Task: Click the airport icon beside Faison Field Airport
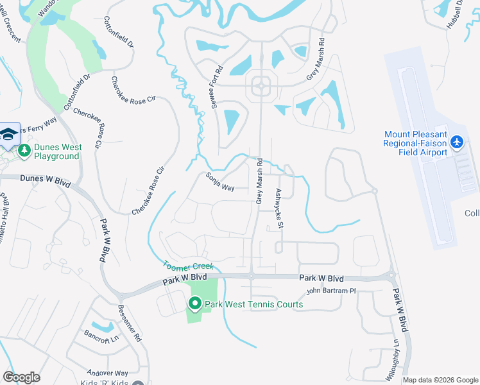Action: click(x=456, y=141)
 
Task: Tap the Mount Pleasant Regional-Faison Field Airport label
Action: click(x=415, y=143)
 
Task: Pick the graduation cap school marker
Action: click(x=8, y=133)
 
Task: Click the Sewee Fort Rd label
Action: click(x=216, y=87)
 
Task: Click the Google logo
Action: click(x=21, y=377)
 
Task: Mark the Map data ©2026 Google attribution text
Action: click(x=440, y=380)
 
